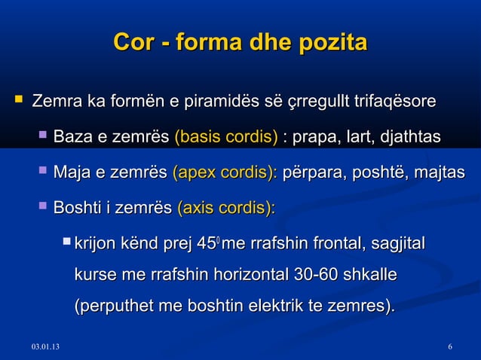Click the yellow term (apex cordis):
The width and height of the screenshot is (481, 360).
click(x=225, y=173)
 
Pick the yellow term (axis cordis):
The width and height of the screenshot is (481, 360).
click(x=225, y=208)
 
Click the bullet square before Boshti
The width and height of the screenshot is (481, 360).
click(x=42, y=206)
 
